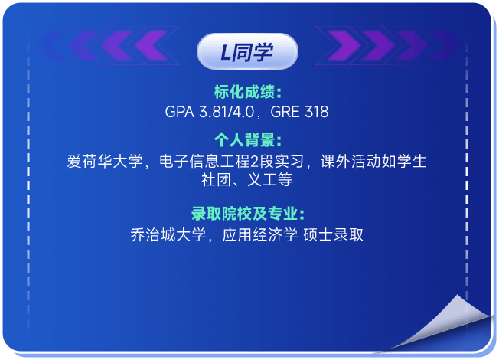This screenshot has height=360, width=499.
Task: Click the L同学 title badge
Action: pyautogui.click(x=247, y=51)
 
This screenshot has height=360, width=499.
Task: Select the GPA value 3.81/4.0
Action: pyautogui.click(x=227, y=112)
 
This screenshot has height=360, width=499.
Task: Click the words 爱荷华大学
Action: pyautogui.click(x=105, y=161)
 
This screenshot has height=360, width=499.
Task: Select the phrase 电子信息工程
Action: pyautogui.click(x=205, y=161)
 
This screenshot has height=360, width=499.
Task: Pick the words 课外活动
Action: pyautogui.click(x=351, y=161)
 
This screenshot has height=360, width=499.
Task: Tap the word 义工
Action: pyautogui.click(x=262, y=180)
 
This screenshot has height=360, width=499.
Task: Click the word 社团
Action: pyautogui.click(x=216, y=180)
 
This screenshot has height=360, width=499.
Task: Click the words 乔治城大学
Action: pyautogui.click(x=168, y=235)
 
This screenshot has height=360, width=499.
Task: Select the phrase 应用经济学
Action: pyautogui.click(x=259, y=235)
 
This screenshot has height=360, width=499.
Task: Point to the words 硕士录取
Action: pyautogui.click(x=333, y=235)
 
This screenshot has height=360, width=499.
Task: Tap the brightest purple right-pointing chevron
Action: pyautogui.click(x=344, y=45)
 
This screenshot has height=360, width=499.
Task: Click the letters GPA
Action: pyautogui.click(x=180, y=112)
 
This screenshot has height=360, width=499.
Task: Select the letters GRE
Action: pyautogui.click(x=285, y=112)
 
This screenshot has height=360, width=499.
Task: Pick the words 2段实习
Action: pyautogui.click(x=277, y=161)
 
